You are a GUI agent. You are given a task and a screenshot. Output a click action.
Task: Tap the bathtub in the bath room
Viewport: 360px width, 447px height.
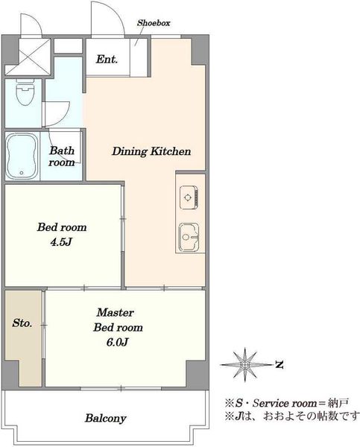tap(22, 156)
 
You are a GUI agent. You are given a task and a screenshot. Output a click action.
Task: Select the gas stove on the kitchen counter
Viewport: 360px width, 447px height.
tap(189, 197)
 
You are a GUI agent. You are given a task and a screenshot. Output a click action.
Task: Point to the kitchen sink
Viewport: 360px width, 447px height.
tap(189, 237)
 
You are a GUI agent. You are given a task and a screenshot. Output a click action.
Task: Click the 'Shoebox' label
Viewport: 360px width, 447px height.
tap(154, 23)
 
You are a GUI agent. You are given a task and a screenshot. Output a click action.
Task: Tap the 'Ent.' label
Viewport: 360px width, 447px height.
tap(107, 60)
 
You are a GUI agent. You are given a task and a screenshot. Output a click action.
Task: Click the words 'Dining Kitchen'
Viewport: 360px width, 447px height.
tap(151, 151)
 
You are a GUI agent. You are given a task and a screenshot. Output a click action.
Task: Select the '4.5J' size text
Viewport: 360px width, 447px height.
tap(61, 242)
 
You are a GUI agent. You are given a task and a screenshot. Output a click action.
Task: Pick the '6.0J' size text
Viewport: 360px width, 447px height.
tap(117, 342)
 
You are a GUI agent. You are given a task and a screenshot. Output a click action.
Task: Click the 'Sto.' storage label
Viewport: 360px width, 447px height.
tap(22, 323)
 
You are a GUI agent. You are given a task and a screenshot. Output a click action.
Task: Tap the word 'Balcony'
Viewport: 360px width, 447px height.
tap(106, 418)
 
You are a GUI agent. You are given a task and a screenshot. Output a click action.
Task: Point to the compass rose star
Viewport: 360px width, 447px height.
tap(244, 364)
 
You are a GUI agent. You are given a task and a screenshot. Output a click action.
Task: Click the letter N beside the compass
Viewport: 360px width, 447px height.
tap(280, 364)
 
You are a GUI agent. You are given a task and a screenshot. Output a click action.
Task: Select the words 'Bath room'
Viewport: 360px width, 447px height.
tap(62, 156)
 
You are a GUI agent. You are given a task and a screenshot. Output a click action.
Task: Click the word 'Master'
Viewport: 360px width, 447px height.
tap(115, 313)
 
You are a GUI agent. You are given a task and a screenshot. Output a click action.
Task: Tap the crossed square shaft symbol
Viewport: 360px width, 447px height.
tap(28, 57)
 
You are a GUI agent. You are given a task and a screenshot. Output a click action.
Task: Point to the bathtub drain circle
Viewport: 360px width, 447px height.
tap(22, 173)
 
